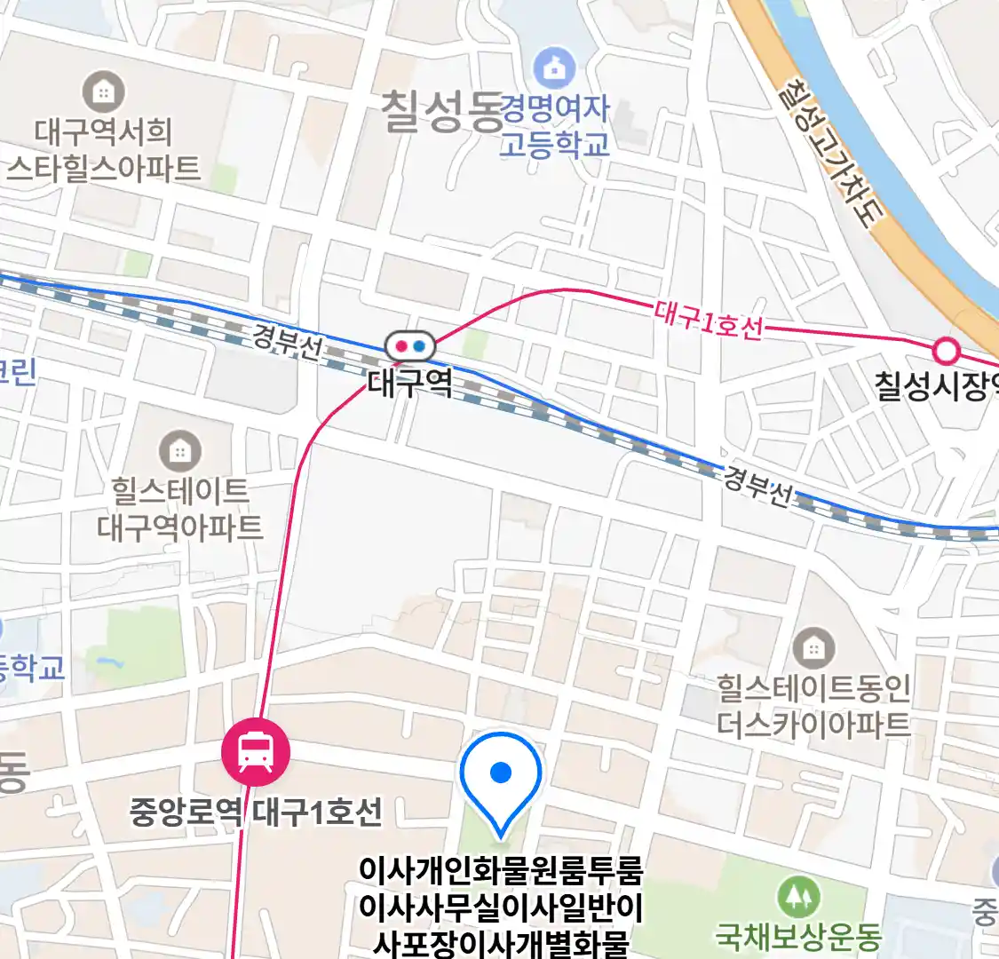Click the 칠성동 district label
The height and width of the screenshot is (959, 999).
tap(441, 113)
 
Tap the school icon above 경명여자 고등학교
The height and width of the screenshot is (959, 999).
tap(555, 68)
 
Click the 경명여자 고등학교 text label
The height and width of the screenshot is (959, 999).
tap(555, 126)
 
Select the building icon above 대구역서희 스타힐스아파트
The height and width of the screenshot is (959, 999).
tap(104, 91)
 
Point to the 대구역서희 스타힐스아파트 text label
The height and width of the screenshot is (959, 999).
tap(104, 150)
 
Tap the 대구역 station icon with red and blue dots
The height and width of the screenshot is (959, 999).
tap(409, 345)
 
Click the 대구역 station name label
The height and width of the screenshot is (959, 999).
tap(409, 384)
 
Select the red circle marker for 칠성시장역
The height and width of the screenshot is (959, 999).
tap(947, 352)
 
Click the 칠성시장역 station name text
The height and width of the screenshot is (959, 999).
tap(936, 386)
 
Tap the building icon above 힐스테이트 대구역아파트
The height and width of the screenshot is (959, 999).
tap(180, 451)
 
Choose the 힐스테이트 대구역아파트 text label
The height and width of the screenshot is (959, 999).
tap(180, 510)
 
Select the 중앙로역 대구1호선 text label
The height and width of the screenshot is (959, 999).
tap(256, 812)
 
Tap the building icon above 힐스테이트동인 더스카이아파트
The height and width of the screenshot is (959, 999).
tap(813, 649)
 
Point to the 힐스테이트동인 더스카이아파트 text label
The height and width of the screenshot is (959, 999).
tap(813, 706)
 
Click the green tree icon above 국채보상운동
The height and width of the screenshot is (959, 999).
tap(798, 897)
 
